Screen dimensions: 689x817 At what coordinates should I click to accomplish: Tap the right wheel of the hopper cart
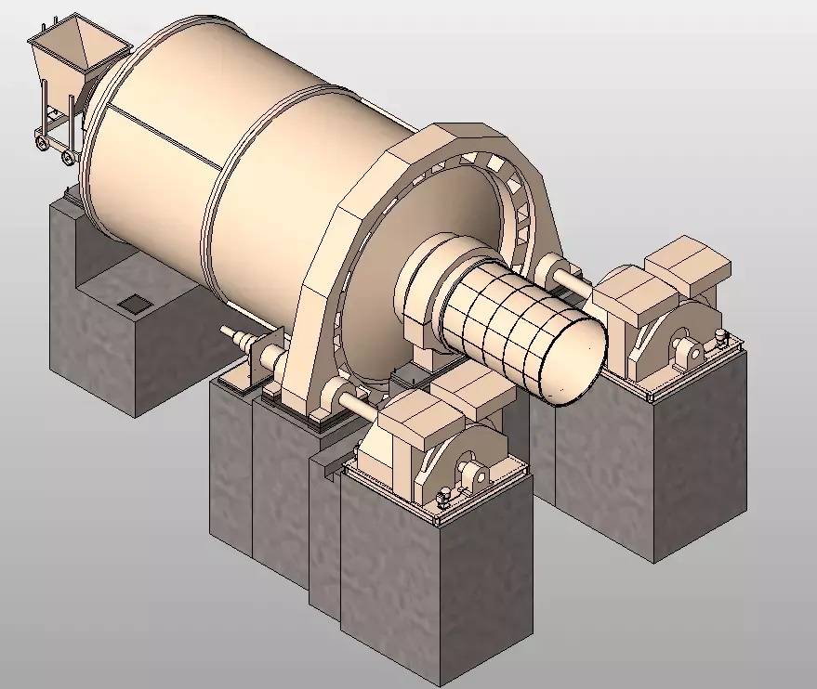(68, 158)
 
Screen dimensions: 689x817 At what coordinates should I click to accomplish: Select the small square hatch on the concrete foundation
(136, 303)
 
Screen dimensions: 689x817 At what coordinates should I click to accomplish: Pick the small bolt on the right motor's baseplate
(719, 341)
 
